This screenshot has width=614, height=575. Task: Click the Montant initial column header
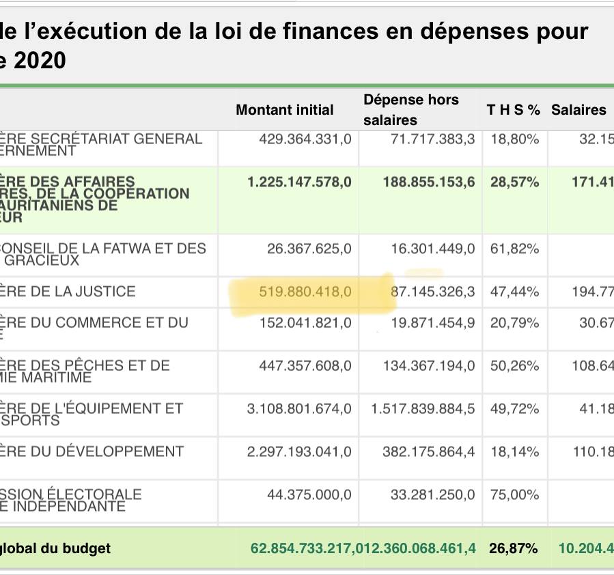(x=285, y=110)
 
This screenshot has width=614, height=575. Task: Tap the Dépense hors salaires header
(x=410, y=110)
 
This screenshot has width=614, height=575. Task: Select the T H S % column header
(x=513, y=110)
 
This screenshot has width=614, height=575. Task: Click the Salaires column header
(x=578, y=110)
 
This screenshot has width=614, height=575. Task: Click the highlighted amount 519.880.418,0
(x=305, y=292)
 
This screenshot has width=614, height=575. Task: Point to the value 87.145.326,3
(x=432, y=292)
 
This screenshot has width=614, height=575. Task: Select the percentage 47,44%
(x=514, y=292)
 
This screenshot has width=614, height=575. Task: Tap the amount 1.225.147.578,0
(x=300, y=182)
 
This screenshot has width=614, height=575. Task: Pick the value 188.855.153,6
(x=427, y=182)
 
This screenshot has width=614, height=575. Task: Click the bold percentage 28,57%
(x=514, y=182)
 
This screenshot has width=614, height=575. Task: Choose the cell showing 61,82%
(x=514, y=248)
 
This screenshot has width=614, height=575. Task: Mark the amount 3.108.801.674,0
(x=299, y=409)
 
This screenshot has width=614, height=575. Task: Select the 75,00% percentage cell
(x=514, y=494)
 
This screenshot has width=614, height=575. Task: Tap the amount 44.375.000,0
(x=309, y=494)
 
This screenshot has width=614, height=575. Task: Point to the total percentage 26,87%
(x=513, y=548)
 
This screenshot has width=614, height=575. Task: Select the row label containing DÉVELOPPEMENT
(x=92, y=451)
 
